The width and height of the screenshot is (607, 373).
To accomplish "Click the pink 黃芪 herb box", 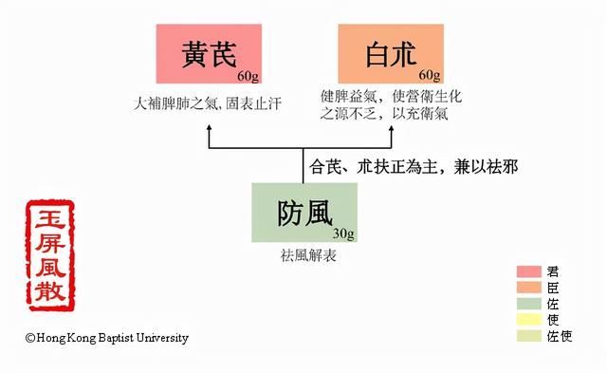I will (209, 55).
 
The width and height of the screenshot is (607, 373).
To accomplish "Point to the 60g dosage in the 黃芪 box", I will (248, 75).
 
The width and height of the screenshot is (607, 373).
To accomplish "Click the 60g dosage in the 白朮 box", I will (430, 75).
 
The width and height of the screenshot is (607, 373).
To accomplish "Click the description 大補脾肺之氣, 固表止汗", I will (210, 99).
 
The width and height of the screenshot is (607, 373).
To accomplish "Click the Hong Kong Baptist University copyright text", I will (107, 337).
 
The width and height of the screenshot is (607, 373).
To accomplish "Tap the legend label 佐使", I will (561, 335).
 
